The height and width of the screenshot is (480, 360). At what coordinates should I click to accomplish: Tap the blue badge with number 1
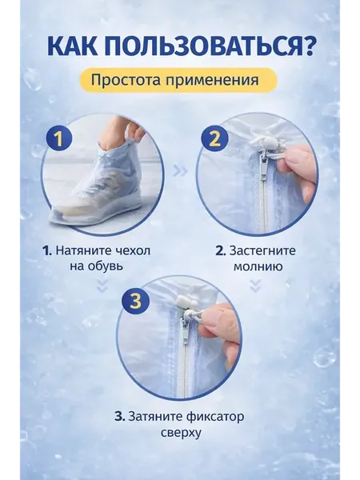[59, 138]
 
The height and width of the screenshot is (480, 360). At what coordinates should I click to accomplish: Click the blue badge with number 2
[214, 138]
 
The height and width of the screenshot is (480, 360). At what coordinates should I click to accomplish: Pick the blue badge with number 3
[135, 302]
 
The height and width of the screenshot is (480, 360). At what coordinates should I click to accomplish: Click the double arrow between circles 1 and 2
[180, 171]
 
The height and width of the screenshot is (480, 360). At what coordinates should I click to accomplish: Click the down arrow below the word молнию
[255, 286]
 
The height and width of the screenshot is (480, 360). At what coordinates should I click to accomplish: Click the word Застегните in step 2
[262, 250]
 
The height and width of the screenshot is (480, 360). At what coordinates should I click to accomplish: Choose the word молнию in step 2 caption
[258, 266]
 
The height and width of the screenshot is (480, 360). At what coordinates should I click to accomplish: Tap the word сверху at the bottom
[181, 433]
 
